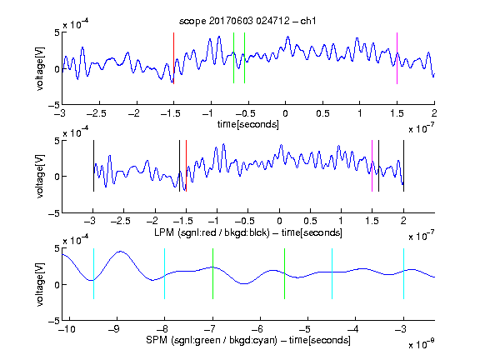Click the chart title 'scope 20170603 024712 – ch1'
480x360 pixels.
coord(247,21)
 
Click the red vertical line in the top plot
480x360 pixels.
coord(174,58)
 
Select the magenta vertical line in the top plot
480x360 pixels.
coord(397,58)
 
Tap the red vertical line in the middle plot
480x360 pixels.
coord(186,166)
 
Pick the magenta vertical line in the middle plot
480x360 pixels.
coord(372,166)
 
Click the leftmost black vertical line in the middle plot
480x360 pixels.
coord(93,166)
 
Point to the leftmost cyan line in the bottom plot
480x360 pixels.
coord(93,273)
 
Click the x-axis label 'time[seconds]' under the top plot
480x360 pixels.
coord(248,124)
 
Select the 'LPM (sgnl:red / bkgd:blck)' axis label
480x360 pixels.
coord(212,232)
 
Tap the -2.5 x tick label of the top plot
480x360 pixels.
coord(97,113)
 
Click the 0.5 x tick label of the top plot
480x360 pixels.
coord(322,113)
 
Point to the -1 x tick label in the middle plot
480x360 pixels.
coord(215,221)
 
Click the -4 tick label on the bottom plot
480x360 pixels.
coord(352,329)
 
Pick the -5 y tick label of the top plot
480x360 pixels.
coord(54,105)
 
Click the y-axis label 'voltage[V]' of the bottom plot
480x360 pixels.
coord(40,284)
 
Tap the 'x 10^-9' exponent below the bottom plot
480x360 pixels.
coord(421,344)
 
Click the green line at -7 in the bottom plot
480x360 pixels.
coord(212,273)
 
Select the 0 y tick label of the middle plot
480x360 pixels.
coord(57,177)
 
